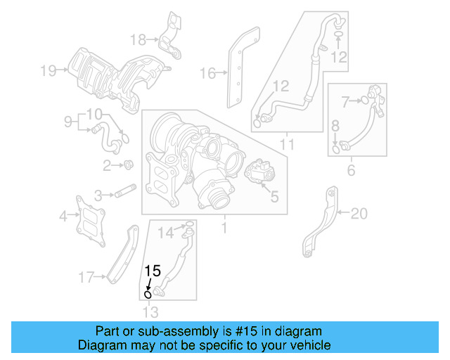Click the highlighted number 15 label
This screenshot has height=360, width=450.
(x=153, y=270)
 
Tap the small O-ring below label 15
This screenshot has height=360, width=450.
(x=148, y=294)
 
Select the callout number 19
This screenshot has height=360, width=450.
(x=48, y=70)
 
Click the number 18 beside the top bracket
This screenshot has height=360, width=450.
(x=138, y=39)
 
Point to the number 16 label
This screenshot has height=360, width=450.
(x=207, y=72)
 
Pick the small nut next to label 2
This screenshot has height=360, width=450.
(x=129, y=165)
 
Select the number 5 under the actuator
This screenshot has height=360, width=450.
(x=274, y=197)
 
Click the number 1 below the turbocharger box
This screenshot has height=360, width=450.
(x=224, y=228)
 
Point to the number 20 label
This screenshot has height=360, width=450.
(x=359, y=213)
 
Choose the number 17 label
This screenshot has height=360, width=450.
(x=86, y=278)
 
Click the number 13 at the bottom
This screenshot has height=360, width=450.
(x=150, y=312)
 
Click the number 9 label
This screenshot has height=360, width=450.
(x=68, y=122)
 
